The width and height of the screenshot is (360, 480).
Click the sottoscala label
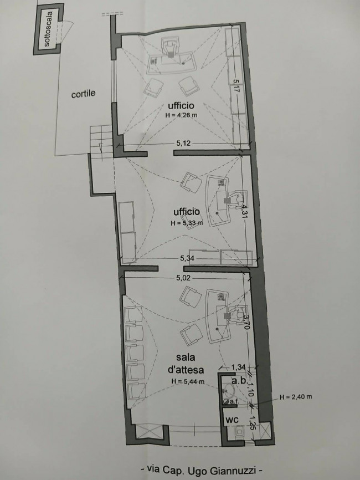pos(48,29)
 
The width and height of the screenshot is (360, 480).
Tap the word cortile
pos(83,94)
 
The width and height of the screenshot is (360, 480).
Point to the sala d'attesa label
pos(186,364)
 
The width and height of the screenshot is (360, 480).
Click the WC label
pos(232,420)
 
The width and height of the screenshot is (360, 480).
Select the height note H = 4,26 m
pos(181,115)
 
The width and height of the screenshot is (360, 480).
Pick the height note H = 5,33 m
pos(187,223)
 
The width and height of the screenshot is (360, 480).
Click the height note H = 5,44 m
pos(188,381)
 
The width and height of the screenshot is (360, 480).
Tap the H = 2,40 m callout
pos(296,397)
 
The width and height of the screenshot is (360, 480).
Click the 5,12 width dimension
pos(183,143)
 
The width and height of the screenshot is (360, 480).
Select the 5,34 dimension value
pos(187,258)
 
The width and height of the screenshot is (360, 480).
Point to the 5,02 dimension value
pos(183,278)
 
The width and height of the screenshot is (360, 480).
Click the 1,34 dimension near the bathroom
pos(238,367)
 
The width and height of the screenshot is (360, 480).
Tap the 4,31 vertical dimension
pos(244,211)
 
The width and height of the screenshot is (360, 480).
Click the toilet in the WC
pos(239,432)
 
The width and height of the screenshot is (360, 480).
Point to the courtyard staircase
pos(101,141)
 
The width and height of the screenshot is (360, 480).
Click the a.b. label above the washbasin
pos(239,381)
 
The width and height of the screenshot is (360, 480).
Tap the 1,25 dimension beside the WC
pos(251,422)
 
